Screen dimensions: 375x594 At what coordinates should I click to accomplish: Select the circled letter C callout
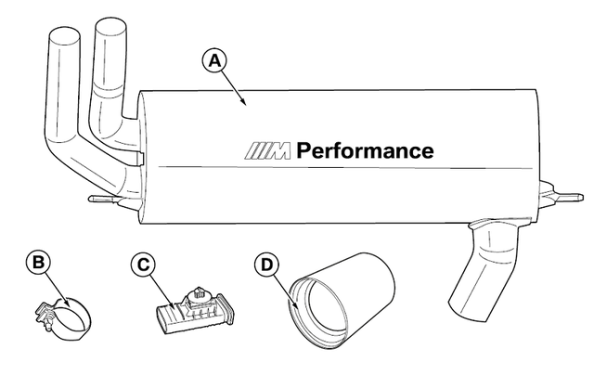142,264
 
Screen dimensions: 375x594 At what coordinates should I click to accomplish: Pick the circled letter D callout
265,264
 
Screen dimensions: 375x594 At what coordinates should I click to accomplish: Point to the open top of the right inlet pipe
110,30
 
